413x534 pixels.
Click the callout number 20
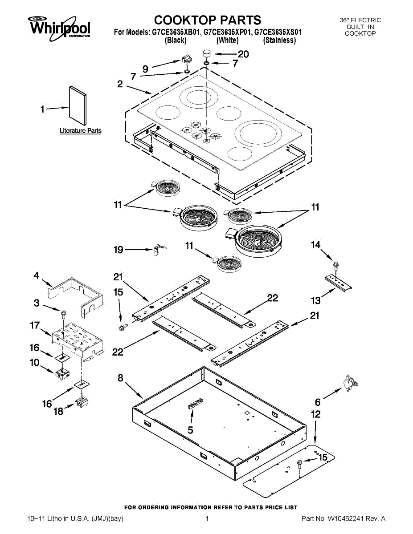coord(243,54)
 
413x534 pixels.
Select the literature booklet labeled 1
coord(78,105)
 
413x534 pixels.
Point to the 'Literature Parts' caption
coord(81,130)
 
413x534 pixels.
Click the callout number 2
coord(120,84)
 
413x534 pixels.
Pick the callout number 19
coord(119,250)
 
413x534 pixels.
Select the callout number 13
coord(316,300)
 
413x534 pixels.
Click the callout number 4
coord(37,276)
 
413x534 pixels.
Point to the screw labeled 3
coord(63,314)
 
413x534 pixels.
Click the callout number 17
coord(35,325)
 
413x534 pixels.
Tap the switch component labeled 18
coord(82,402)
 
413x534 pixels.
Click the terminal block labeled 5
coord(195,404)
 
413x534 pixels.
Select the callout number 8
coord(120,378)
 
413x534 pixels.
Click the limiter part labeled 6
coord(350,383)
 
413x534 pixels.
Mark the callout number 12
coord(316,415)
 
